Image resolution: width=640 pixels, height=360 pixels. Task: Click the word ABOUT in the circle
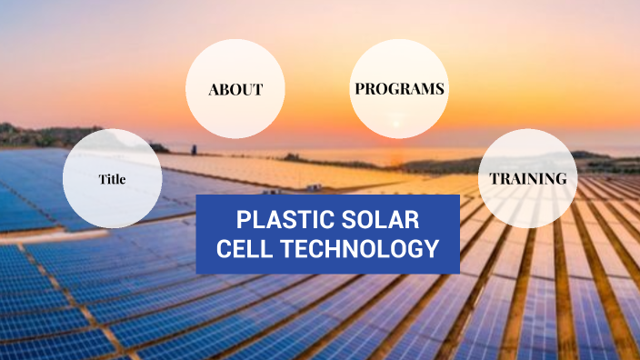click(x=235, y=90)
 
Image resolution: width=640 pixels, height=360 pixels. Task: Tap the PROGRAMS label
click(x=399, y=89)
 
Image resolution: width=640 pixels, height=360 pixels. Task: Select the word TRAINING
click(x=527, y=178)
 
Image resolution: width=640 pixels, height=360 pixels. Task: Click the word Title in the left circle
click(x=112, y=179)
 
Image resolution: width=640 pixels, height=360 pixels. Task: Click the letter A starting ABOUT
click(x=214, y=90)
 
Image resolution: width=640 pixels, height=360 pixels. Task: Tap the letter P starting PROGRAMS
click(x=359, y=89)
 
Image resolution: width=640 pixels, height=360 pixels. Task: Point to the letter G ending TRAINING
click(x=561, y=178)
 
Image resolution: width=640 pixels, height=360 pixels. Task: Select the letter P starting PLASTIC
click(x=241, y=220)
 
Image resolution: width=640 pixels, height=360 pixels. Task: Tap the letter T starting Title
click(x=102, y=179)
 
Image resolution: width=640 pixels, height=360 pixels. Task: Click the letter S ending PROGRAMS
click(x=439, y=89)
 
